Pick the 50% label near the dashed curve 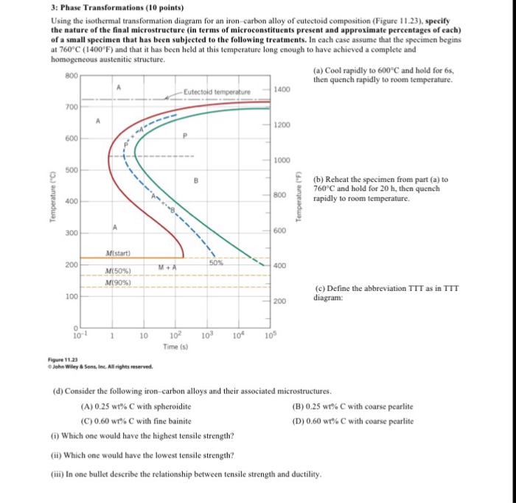click(x=215, y=261)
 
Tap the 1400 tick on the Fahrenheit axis click(x=282, y=89)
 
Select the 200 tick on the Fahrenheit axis click(x=280, y=302)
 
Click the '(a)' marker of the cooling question click(x=318, y=70)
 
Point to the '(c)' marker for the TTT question click(x=319, y=288)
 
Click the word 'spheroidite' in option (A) click(x=172, y=406)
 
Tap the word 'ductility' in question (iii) click(x=304, y=474)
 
